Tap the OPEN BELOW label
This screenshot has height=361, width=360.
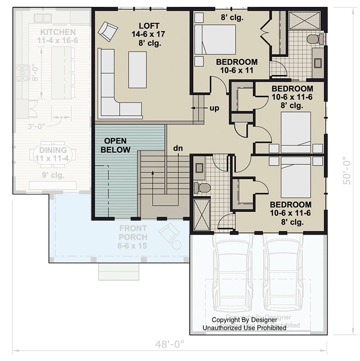[x=115, y=145]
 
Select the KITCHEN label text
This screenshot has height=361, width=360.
[x=57, y=32]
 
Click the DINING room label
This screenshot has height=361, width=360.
[x=53, y=150]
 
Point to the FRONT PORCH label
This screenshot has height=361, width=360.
[x=133, y=232]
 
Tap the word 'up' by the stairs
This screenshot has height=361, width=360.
[x=214, y=108]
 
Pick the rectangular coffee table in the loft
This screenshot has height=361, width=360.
[x=137, y=70]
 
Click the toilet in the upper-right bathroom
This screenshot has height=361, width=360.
[x=314, y=39]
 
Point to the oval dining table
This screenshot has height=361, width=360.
[x=53, y=155]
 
